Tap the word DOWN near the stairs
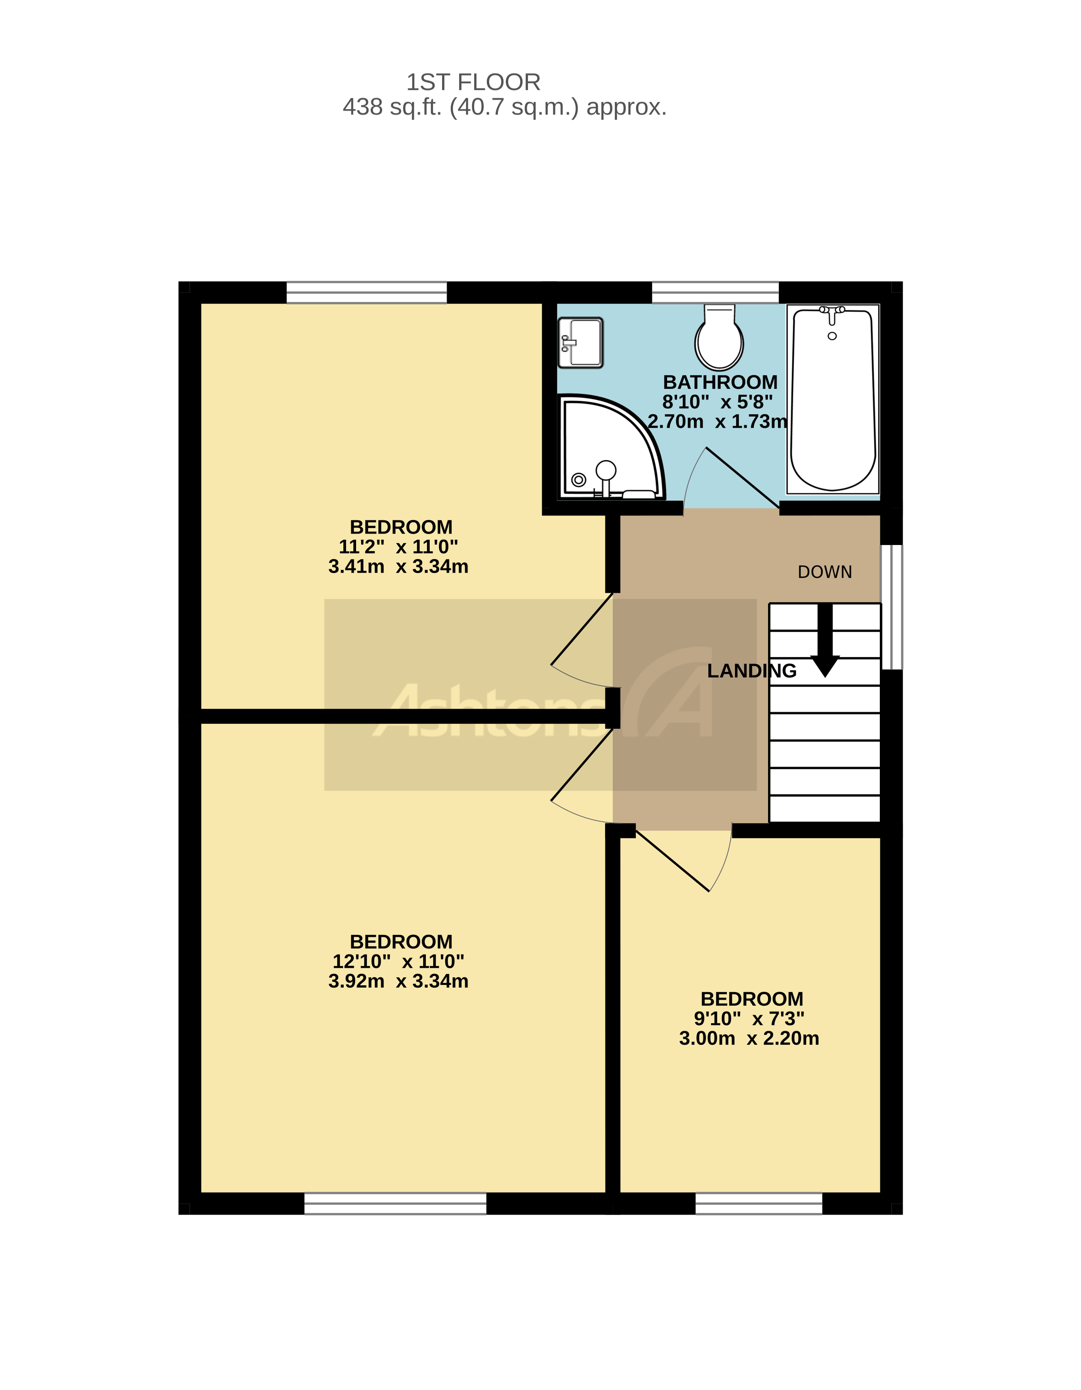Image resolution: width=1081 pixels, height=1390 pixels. (x=825, y=572)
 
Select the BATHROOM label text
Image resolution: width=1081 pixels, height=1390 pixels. (x=720, y=382)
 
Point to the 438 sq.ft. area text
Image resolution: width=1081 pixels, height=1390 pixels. (x=504, y=107)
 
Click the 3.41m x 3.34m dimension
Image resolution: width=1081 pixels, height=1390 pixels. (x=398, y=566)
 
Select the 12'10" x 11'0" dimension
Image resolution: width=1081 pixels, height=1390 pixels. (x=398, y=961)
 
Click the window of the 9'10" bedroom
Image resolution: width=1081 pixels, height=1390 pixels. (x=759, y=1204)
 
